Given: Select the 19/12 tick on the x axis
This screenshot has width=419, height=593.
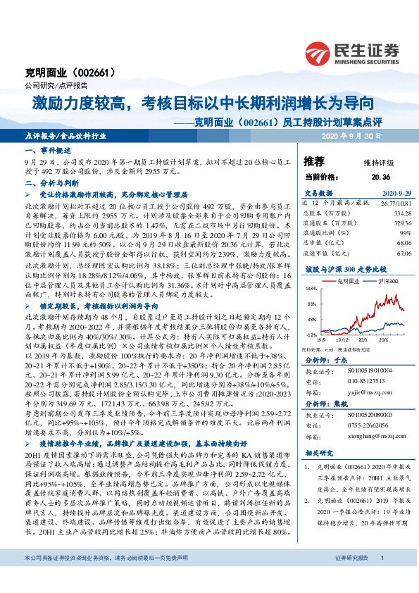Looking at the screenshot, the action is point(336,338).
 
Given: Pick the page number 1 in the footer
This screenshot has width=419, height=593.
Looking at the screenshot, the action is point(381,578).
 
